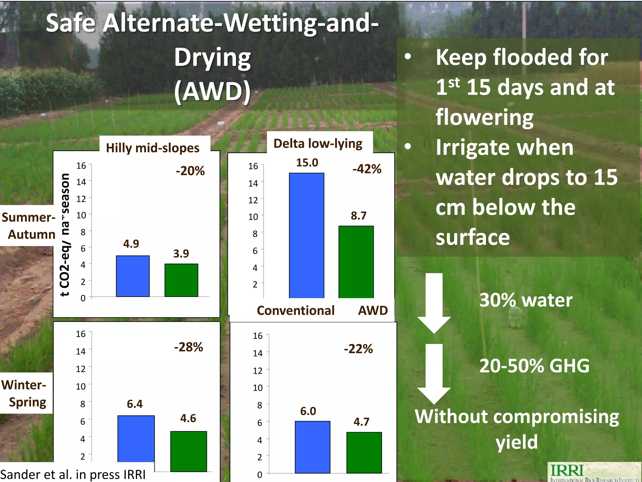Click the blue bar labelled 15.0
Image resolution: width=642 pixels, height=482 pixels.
(x=306, y=235)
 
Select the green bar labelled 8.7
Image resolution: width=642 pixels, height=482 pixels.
(x=356, y=262)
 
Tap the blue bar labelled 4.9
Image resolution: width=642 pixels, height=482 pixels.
(x=133, y=276)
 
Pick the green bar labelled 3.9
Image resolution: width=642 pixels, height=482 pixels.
(x=181, y=280)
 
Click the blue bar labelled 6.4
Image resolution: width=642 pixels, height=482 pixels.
(x=136, y=438)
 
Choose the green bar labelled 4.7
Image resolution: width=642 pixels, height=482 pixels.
(x=364, y=452)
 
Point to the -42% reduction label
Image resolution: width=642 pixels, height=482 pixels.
(x=367, y=169)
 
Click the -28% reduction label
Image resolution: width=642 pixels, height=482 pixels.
(x=188, y=347)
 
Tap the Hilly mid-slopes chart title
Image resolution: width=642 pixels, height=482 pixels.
(x=153, y=148)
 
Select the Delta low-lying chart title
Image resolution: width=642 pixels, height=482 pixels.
(x=318, y=143)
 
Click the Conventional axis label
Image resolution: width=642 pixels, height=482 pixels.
(x=296, y=310)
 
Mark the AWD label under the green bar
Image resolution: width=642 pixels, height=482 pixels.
(x=373, y=310)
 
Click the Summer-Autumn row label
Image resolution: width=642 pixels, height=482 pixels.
(x=29, y=226)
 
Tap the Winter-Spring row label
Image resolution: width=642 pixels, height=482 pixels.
(x=24, y=393)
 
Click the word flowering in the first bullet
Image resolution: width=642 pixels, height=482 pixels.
(x=484, y=117)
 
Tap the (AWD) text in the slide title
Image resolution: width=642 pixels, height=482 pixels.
(x=213, y=92)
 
